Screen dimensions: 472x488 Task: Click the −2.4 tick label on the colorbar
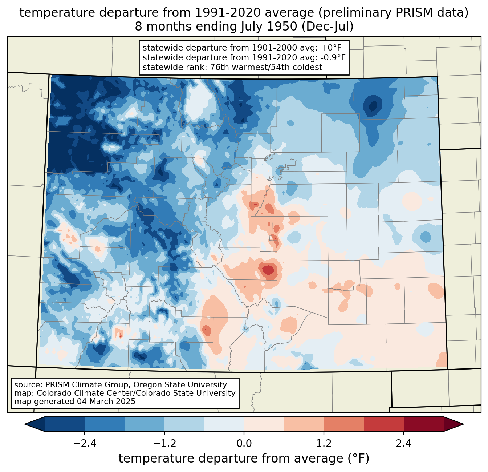tap(85, 444)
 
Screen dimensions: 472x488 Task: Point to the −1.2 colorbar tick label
tap(164, 444)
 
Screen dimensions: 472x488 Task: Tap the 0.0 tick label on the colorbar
tap(244, 444)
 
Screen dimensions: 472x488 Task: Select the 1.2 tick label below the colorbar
tap(324, 444)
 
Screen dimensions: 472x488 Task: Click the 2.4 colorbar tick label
tap(404, 444)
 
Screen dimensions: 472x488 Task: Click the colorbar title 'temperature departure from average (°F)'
tap(244, 459)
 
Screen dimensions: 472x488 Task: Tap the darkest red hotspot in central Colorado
tap(268, 270)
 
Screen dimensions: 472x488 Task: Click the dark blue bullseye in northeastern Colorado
tap(373, 106)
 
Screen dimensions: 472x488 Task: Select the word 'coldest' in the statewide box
tap(308, 67)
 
